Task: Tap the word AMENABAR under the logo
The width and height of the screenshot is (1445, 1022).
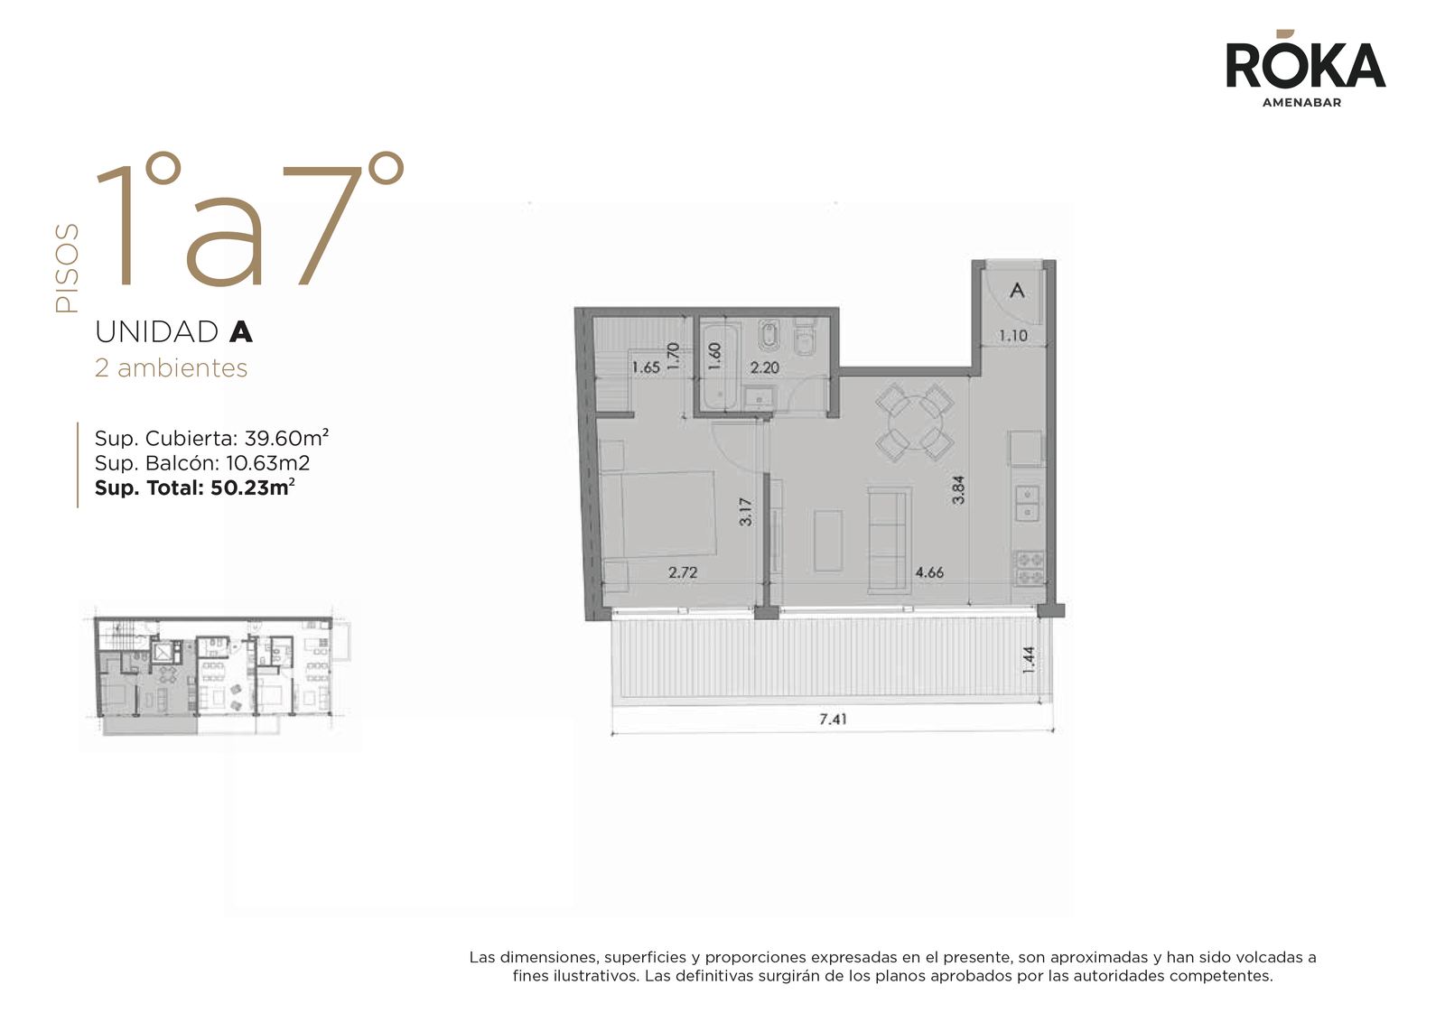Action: (x=1301, y=103)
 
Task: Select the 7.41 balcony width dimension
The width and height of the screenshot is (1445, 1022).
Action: (x=833, y=719)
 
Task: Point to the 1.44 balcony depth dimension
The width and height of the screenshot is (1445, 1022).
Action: (x=1029, y=660)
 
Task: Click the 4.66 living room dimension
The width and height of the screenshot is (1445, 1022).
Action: (x=929, y=571)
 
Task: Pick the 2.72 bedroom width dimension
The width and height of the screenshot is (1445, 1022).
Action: (x=683, y=571)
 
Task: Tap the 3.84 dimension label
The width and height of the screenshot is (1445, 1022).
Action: (x=958, y=490)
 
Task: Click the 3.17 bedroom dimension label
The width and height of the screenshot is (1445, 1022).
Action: (x=746, y=512)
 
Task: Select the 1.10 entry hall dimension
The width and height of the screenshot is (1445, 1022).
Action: (x=1013, y=336)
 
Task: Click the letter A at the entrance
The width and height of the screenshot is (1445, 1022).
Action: (x=1017, y=290)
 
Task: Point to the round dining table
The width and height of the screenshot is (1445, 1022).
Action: (x=915, y=423)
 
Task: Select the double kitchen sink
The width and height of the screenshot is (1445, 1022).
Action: (x=1027, y=504)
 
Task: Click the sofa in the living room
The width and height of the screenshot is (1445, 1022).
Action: (x=890, y=540)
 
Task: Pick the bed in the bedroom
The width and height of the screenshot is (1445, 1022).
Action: (x=658, y=513)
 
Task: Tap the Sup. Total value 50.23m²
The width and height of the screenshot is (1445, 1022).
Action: (x=253, y=488)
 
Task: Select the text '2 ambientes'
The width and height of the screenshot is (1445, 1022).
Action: (x=171, y=368)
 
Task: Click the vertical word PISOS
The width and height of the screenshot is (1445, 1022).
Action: (x=67, y=268)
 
